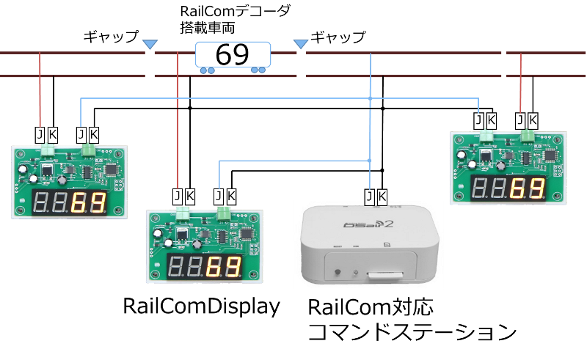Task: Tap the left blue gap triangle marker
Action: tap(149, 45)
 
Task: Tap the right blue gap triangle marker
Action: tap(301, 45)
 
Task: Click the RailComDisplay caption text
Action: tap(202, 307)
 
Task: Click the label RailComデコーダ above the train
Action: tap(236, 12)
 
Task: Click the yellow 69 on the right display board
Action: tap(528, 188)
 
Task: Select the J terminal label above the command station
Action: tap(369, 196)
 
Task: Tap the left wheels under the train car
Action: tap(207, 70)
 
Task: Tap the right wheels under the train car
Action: tap(258, 70)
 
